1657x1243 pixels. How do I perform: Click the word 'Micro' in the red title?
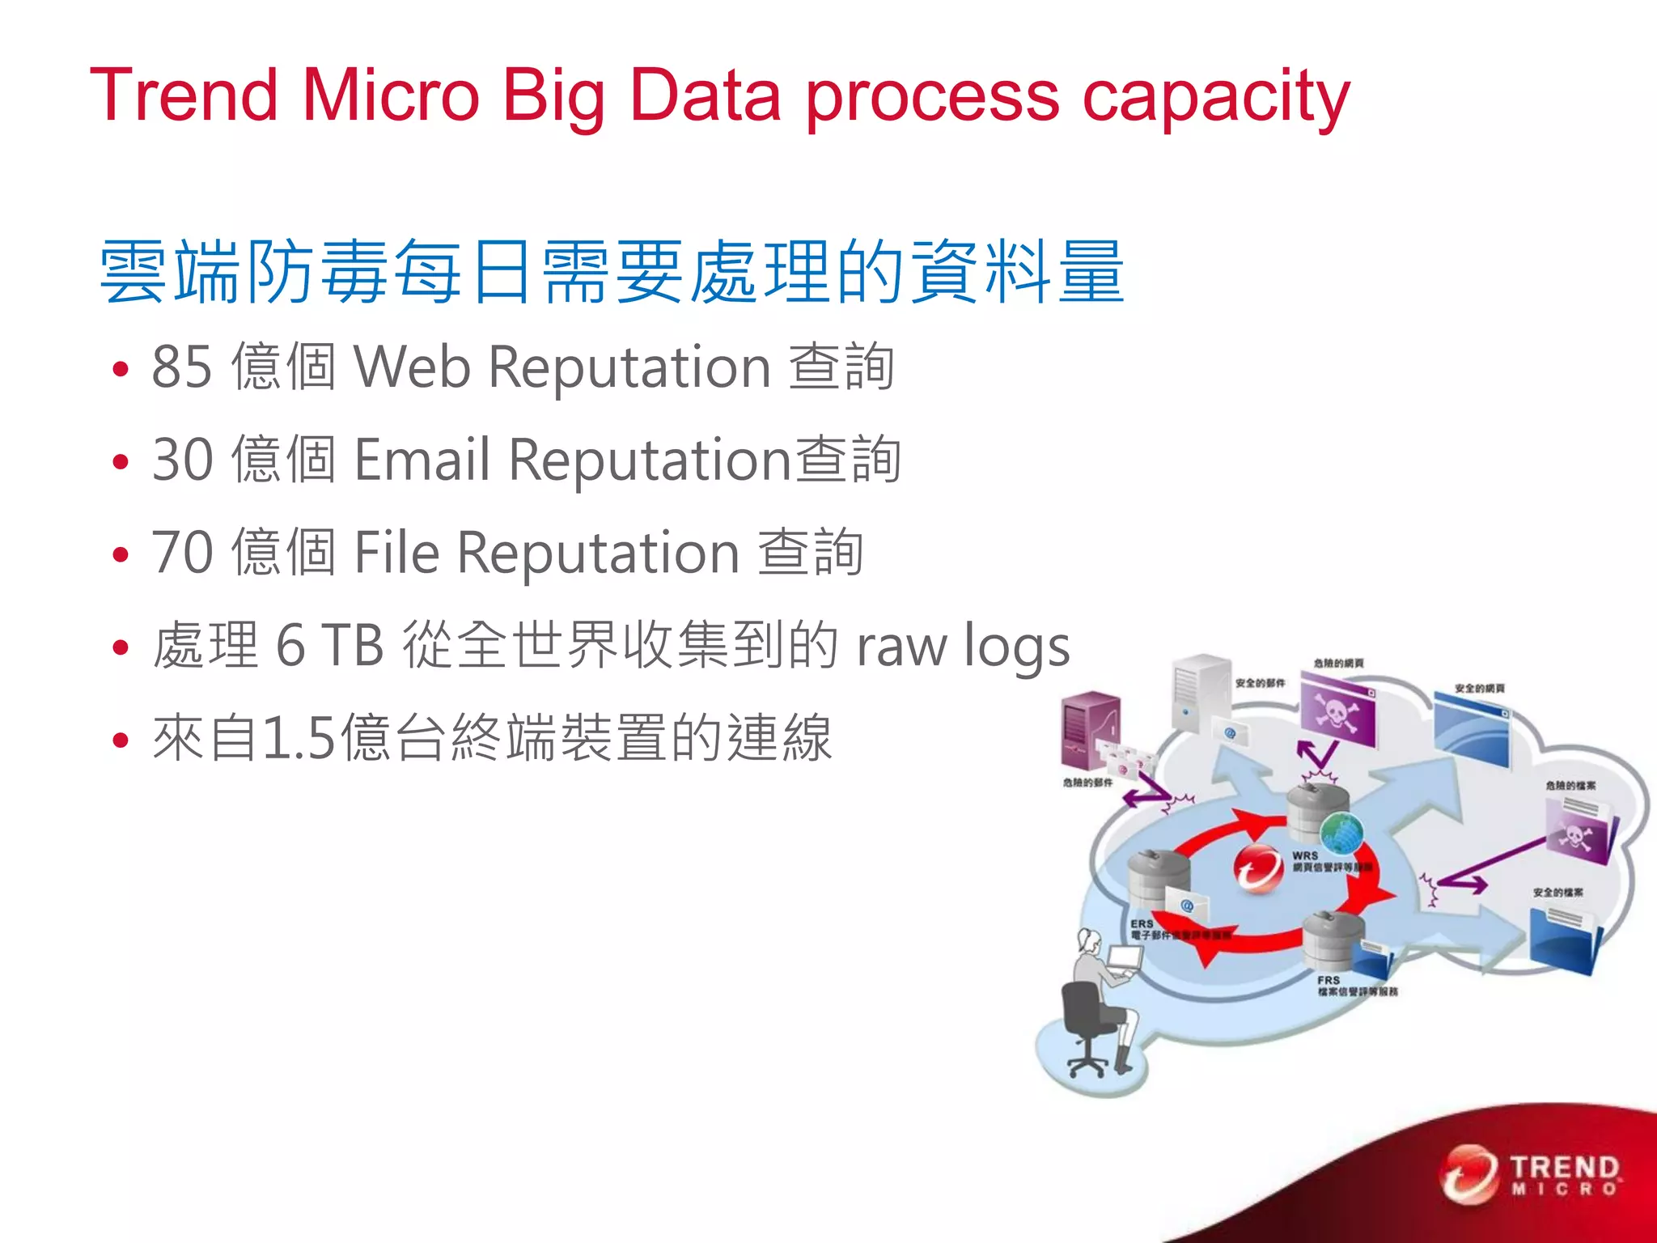[x=391, y=95]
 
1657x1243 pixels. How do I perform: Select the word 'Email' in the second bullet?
[x=422, y=460]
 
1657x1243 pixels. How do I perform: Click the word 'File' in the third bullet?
[x=397, y=553]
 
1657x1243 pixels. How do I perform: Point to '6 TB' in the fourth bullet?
[x=329, y=646]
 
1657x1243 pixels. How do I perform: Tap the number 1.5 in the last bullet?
[x=299, y=738]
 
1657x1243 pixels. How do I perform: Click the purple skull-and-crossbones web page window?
[x=1337, y=712]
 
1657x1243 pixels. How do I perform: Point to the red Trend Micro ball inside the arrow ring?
[x=1257, y=868]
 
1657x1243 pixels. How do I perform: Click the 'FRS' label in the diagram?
[x=1328, y=980]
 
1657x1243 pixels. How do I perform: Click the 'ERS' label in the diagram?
[x=1142, y=923]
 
